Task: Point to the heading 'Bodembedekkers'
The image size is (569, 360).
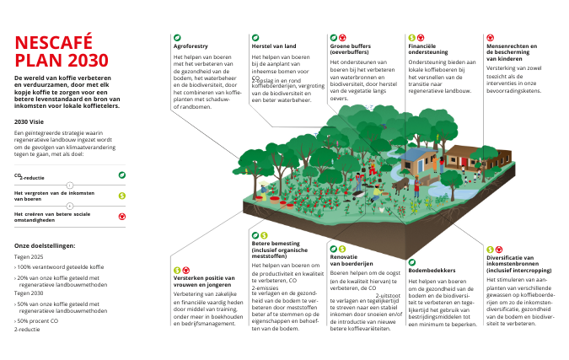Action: pyautogui.click(x=432, y=270)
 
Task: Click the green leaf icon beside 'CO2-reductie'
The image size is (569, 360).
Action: pyautogui.click(x=122, y=175)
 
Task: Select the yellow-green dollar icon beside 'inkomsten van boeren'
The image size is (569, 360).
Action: pyautogui.click(x=122, y=196)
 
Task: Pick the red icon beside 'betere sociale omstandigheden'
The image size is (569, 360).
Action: pyautogui.click(x=122, y=216)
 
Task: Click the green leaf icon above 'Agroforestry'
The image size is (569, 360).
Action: pyautogui.click(x=177, y=38)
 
